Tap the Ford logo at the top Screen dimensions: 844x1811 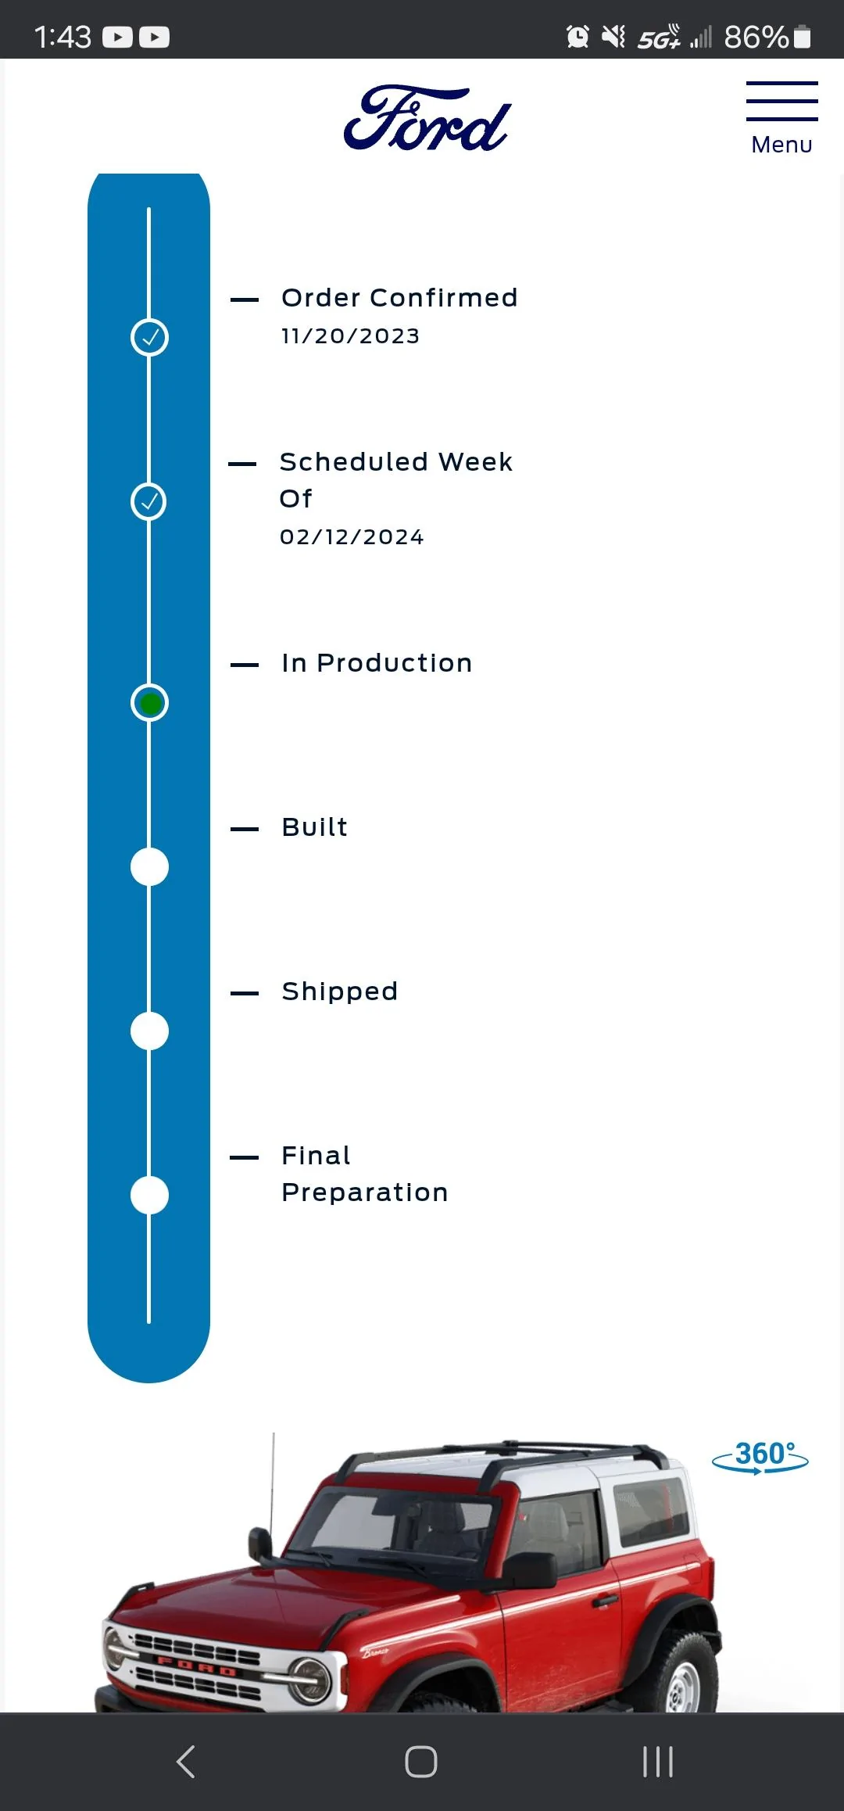point(427,118)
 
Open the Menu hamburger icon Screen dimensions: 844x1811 point(781,101)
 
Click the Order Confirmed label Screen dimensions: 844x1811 point(399,298)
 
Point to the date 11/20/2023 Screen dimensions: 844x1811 point(350,336)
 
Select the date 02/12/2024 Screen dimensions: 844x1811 point(352,537)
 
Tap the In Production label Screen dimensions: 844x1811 point(377,663)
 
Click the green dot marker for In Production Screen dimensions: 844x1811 point(149,703)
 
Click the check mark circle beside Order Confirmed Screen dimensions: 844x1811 point(149,338)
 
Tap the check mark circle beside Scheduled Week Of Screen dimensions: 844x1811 point(149,502)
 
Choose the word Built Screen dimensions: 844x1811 point(315,827)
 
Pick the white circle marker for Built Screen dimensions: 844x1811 point(149,867)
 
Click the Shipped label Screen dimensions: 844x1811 point(340,992)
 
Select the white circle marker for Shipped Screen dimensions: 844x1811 point(149,1031)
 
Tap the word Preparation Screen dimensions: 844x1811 point(365,1193)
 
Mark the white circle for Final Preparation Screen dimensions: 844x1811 point(149,1196)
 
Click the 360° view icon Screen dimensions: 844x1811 point(760,1457)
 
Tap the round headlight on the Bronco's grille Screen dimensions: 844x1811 point(309,1680)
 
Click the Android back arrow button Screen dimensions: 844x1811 point(185,1762)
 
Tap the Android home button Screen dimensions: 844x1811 point(421,1762)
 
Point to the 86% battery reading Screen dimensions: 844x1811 point(756,37)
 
